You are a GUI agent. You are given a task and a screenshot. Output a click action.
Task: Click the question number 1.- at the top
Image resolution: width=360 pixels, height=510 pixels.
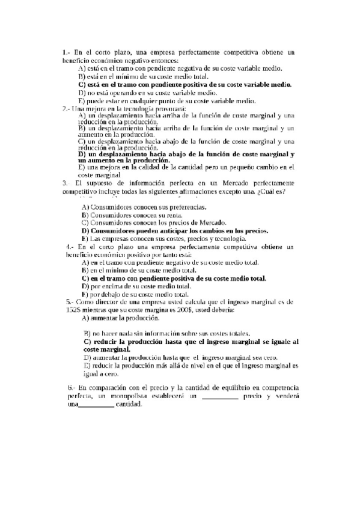click(x=66, y=53)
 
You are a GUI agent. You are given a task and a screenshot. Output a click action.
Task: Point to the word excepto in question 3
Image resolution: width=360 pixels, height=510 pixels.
click(x=241, y=191)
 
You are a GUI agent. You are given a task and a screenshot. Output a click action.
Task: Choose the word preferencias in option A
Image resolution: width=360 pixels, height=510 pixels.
click(x=185, y=207)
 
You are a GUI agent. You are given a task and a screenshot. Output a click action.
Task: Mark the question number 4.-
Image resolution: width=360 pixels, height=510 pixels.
click(x=70, y=247)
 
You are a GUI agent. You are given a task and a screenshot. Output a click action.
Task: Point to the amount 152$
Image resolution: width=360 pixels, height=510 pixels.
click(x=71, y=310)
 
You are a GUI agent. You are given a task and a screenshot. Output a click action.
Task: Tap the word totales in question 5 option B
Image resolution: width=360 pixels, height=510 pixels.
click(x=237, y=334)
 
